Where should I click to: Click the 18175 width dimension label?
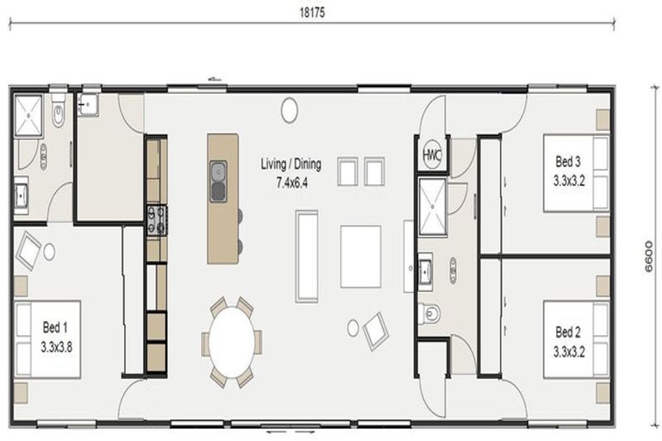tap(312, 13)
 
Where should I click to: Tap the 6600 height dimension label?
tap(649, 257)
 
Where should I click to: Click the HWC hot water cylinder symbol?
tap(432, 155)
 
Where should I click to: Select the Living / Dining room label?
tap(290, 164)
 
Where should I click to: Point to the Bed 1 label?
tap(55, 327)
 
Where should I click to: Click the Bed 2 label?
tap(568, 332)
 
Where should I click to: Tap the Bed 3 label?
tap(568, 161)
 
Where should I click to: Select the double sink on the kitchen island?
tap(218, 182)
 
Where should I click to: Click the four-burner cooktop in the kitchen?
tap(157, 220)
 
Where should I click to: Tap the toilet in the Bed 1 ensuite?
tap(59, 112)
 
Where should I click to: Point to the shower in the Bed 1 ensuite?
tap(28, 115)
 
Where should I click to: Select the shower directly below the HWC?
tap(433, 207)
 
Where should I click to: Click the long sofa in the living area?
tap(307, 257)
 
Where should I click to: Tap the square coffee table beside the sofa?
tap(360, 257)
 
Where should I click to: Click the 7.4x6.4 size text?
tap(291, 183)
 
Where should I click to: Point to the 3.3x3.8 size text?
tap(57, 347)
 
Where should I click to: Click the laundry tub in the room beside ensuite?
tap(88, 104)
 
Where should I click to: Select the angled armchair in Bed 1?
tap(28, 252)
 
